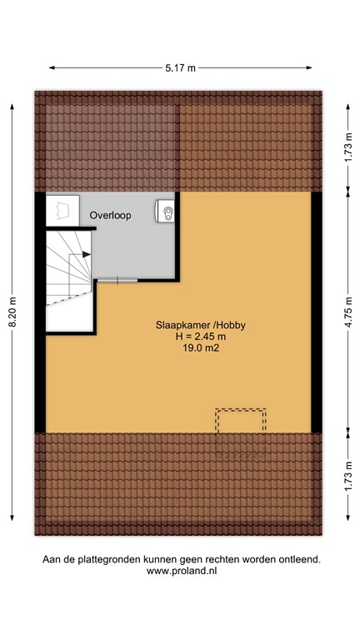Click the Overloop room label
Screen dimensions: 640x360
point(111,215)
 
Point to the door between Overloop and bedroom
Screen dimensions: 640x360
point(116,280)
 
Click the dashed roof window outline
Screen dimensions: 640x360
point(241,422)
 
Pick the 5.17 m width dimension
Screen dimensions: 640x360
point(180,67)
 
